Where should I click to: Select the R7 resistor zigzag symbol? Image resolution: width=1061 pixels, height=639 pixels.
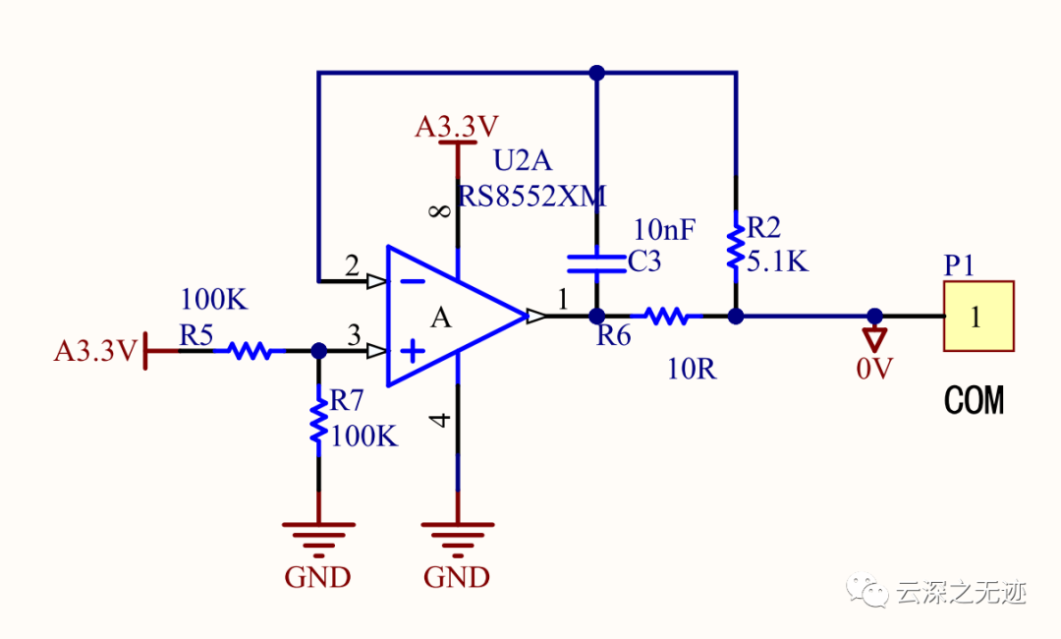[317, 421]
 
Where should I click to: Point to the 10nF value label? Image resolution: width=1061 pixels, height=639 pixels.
[664, 231]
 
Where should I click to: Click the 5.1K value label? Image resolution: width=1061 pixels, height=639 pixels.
[778, 261]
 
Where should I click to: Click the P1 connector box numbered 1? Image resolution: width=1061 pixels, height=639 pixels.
[977, 316]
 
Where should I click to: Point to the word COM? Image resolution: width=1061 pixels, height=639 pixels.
[974, 401]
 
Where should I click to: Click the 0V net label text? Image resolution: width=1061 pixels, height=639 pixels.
[874, 370]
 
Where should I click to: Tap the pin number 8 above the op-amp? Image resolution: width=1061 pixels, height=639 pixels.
[441, 210]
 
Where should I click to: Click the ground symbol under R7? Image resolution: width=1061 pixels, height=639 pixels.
[317, 537]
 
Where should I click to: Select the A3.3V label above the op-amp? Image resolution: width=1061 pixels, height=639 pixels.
[457, 127]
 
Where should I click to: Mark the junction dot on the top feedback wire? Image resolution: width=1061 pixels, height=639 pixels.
[595, 72]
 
